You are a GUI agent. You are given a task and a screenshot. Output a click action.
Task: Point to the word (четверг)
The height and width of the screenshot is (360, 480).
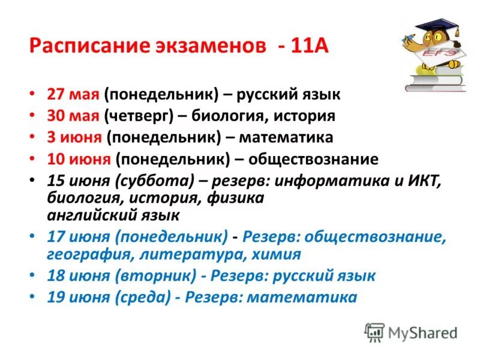click(134, 116)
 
